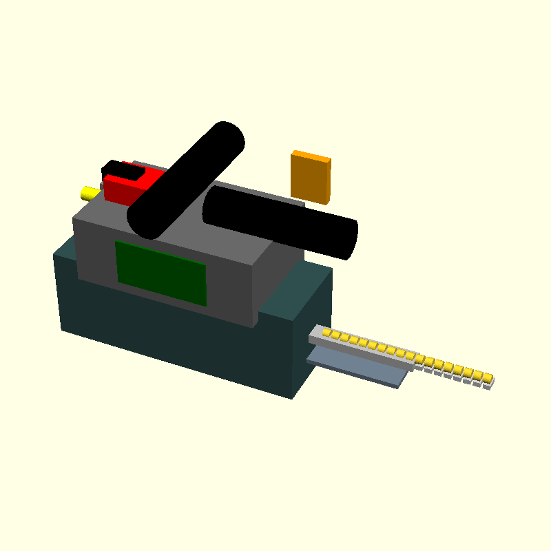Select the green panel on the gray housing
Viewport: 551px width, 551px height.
pos(162,273)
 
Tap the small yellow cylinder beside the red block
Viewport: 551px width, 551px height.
pos(90,192)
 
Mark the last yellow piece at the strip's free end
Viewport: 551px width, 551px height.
pos(488,377)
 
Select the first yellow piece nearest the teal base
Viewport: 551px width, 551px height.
pos(327,334)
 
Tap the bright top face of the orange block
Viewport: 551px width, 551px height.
pos(311,156)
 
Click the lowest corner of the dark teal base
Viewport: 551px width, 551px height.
pos(291,397)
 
